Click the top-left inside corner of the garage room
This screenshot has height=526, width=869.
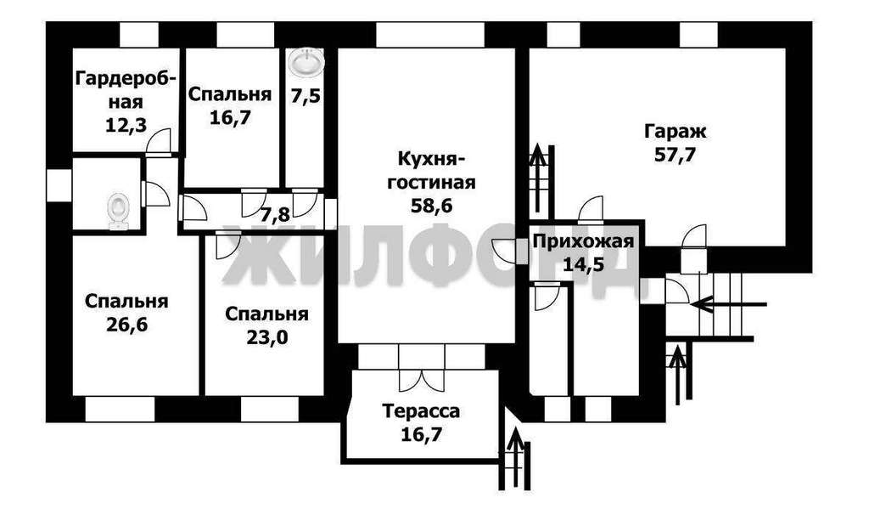coord(530,48)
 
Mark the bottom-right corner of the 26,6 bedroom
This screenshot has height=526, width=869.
coord(199,395)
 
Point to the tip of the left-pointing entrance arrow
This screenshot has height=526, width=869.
coord(691,304)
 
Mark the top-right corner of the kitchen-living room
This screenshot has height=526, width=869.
coord(515,48)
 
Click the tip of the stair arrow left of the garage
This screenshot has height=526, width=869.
coord(536,145)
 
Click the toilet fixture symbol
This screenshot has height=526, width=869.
coord(118,211)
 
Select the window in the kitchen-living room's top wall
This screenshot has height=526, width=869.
coord(430,34)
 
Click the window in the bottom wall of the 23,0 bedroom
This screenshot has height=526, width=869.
coord(270,409)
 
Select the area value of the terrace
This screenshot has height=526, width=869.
coord(421,434)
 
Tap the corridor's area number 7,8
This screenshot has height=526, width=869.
coord(275,214)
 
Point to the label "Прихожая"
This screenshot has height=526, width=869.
coord(583,241)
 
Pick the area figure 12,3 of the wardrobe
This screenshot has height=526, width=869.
coord(126,126)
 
